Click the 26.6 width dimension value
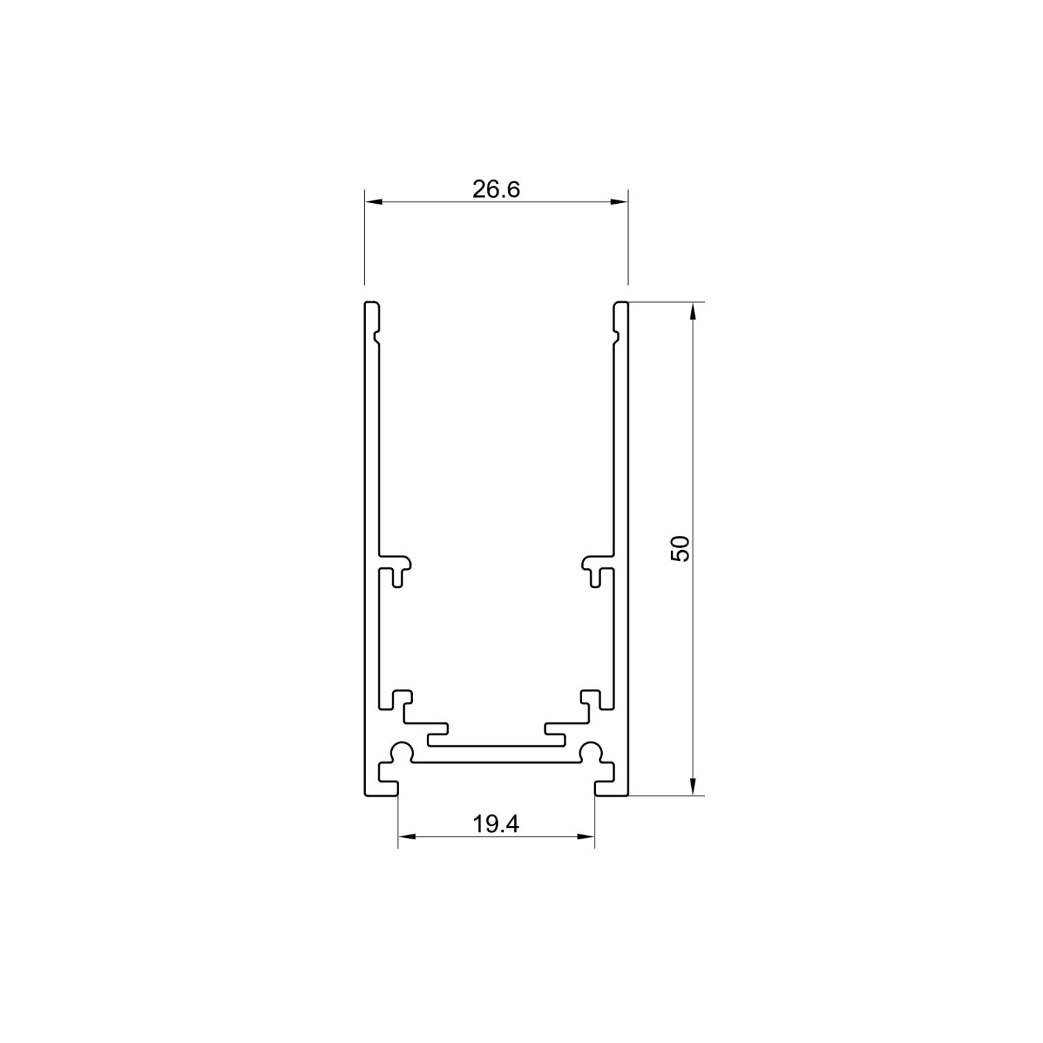coord(496,189)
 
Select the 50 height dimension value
coord(679,549)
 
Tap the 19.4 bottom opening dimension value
coord(496,824)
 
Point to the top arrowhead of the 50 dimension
coord(693,312)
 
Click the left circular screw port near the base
coord(401,752)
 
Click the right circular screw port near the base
coord(592,752)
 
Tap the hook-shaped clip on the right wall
coord(595,567)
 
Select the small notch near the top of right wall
coord(616,337)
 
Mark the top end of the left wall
coord(372,304)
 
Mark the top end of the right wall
coord(620,304)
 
